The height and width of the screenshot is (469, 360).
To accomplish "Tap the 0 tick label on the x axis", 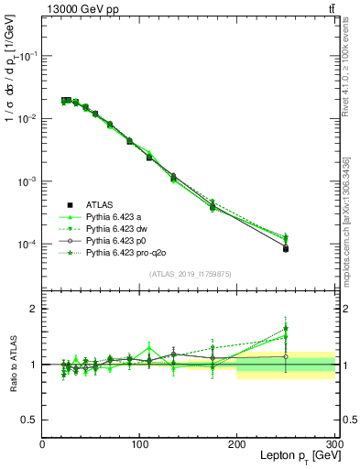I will point(42,444).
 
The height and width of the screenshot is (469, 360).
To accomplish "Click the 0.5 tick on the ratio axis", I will point(30,420).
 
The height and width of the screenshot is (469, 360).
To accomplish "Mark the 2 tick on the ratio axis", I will point(34,309).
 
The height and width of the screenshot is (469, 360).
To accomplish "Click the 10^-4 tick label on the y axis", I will point(26,245).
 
